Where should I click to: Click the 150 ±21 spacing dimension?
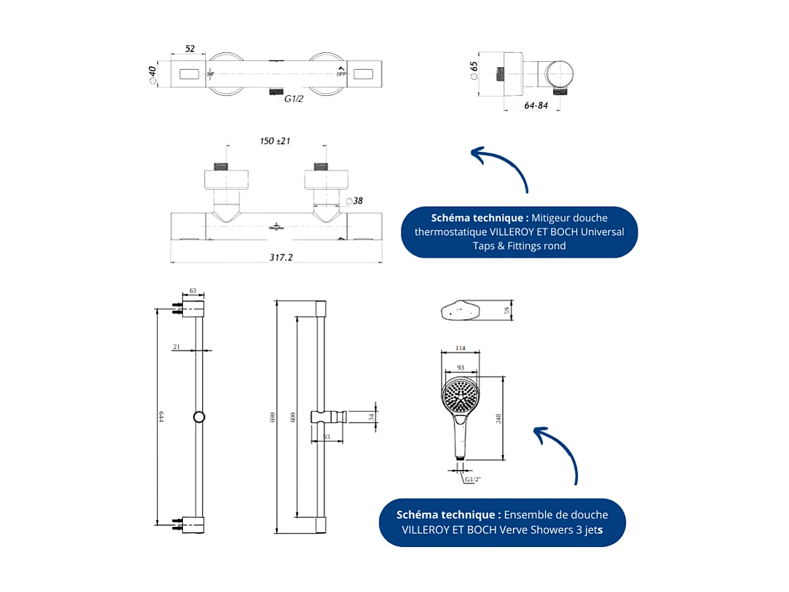[275, 141]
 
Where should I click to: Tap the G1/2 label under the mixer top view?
[294, 99]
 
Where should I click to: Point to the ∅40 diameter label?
[152, 74]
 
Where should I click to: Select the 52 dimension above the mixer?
[190, 49]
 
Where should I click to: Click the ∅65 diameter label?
[474, 70]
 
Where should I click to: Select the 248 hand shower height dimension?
[499, 418]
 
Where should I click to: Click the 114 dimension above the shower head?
[461, 348]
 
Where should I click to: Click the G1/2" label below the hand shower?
[473, 479]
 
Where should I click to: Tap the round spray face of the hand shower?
[461, 395]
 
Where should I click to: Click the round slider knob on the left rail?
[199, 417]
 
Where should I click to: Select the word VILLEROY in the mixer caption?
[513, 232]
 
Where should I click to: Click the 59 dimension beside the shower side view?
[507, 310]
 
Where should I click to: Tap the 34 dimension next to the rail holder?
[371, 417]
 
